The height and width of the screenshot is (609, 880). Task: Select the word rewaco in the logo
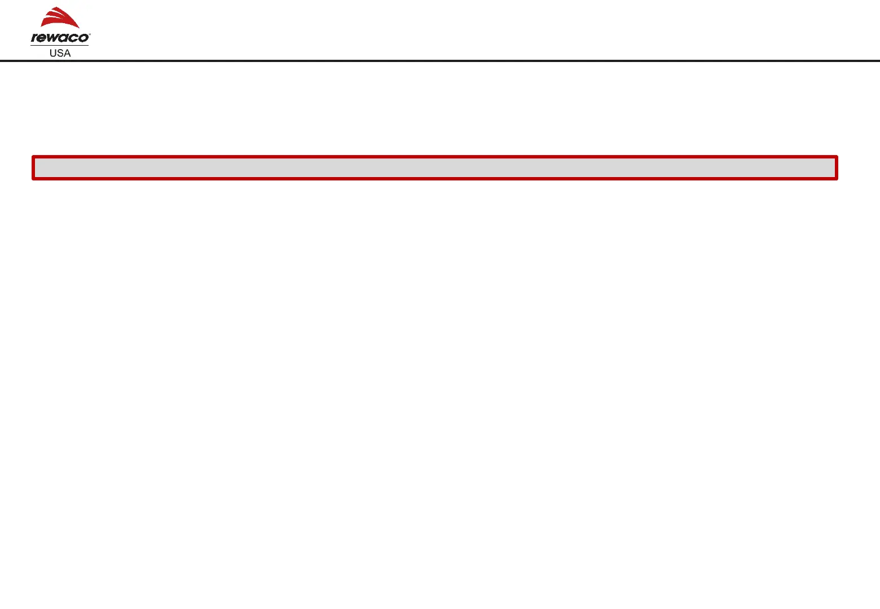tap(60, 38)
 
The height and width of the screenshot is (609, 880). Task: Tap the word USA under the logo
tap(60, 53)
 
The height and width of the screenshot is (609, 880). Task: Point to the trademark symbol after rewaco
tap(89, 34)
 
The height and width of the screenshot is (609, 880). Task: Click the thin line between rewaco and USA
tap(60, 45)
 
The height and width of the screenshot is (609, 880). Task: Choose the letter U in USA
tap(53, 53)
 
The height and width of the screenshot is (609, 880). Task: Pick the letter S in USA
tap(60, 53)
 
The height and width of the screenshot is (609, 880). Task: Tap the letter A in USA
tap(67, 53)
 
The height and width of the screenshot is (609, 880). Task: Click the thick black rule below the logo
tap(440, 60)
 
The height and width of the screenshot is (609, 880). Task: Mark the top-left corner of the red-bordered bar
tap(33, 157)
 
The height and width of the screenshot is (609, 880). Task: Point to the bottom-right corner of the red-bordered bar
tap(837, 179)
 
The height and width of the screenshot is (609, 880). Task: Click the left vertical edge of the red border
tap(33, 167)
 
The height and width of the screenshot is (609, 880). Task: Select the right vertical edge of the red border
tap(837, 167)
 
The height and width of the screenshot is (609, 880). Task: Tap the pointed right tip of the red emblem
tap(79, 27)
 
